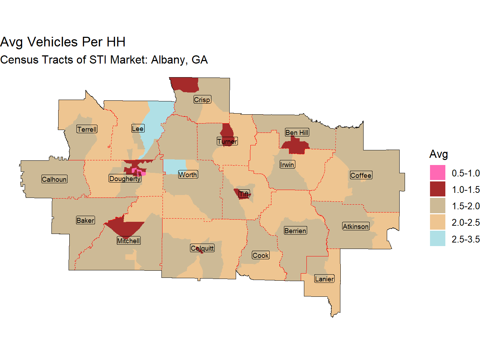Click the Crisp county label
point(202,100)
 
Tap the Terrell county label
point(87,129)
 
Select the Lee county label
point(137,129)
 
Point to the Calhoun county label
point(54,179)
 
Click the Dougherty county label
point(125,179)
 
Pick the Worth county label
point(188,175)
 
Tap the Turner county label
point(227,141)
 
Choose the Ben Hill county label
point(297,132)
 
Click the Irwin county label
point(287,165)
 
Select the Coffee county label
point(361,175)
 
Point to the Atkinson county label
point(356,226)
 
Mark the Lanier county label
point(324,279)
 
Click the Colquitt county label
point(202,248)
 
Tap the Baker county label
point(85,220)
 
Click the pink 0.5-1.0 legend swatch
point(437,173)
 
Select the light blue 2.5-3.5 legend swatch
point(437,239)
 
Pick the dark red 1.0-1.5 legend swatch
point(437,189)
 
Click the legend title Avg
point(439,154)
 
